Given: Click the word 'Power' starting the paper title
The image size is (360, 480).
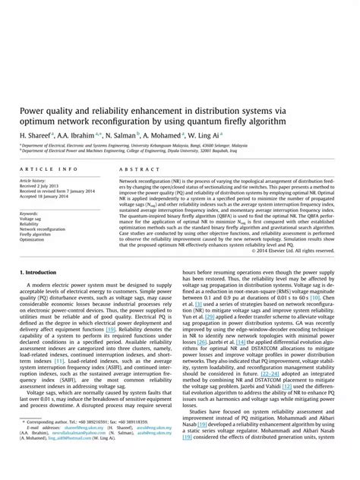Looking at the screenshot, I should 33,108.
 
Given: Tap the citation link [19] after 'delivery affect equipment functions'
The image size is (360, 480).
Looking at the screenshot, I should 111,329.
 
